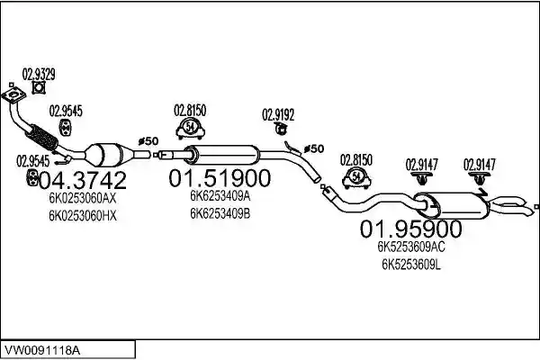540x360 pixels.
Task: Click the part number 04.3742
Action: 83,180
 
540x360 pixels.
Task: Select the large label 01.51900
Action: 220,178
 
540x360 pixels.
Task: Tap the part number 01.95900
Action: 410,229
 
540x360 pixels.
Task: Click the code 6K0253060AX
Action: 83,198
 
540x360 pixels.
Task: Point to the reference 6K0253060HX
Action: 83,216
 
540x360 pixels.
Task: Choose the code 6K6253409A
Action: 220,196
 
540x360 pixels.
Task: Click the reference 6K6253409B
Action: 220,213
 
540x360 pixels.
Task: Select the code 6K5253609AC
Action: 411,247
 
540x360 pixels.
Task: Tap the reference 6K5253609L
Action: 411,265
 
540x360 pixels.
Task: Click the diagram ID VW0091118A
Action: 41,351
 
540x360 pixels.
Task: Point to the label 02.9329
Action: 39,74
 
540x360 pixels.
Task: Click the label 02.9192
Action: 278,114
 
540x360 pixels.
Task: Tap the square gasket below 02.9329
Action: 39,87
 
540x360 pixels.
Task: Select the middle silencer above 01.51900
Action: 222,154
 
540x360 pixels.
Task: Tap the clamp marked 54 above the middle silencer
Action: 191,128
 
